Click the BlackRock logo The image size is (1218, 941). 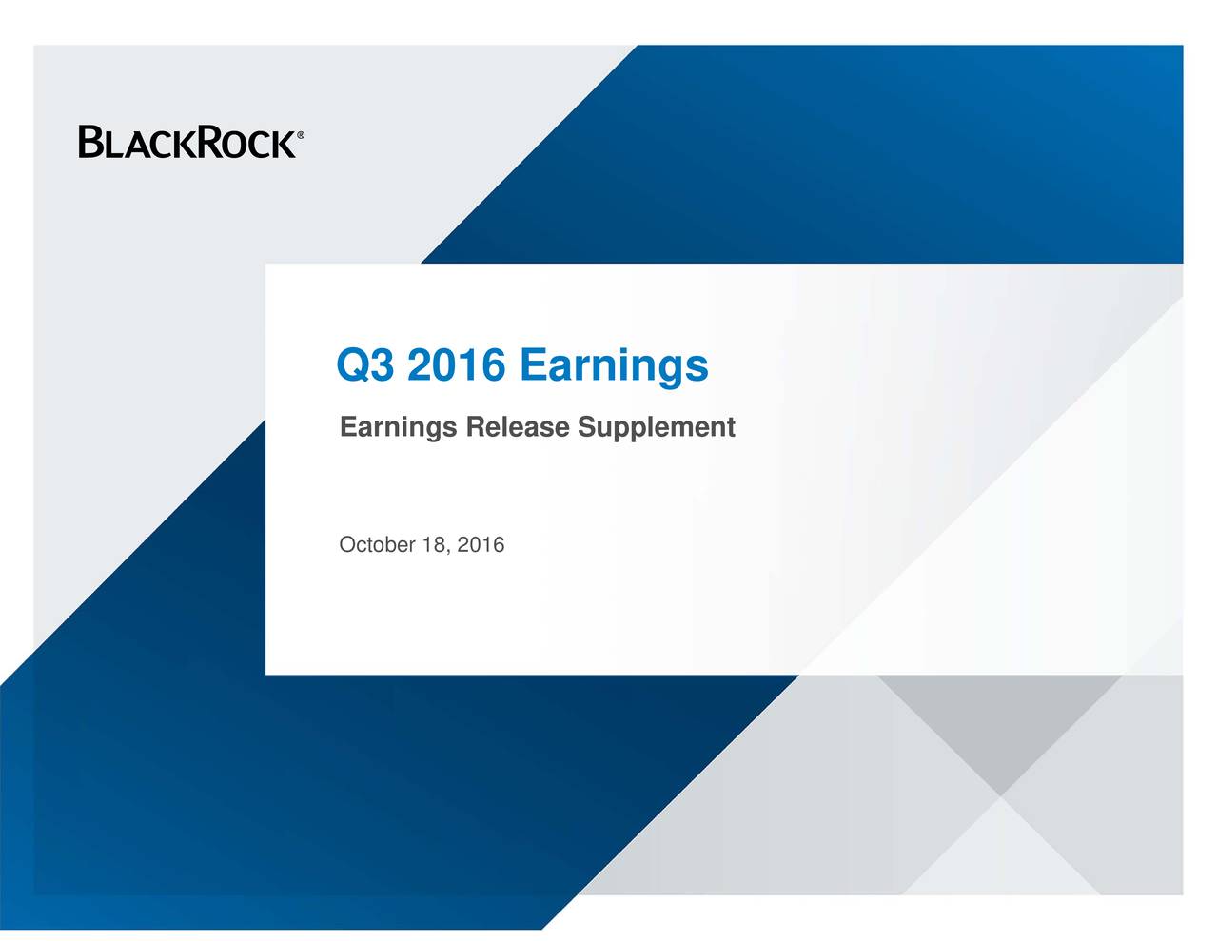[x=190, y=143]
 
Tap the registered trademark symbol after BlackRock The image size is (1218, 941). [x=301, y=136]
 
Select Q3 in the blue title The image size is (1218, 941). [x=365, y=365]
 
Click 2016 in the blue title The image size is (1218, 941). [x=456, y=365]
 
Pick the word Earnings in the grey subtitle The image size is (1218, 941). [x=398, y=428]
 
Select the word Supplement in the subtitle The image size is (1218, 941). [x=656, y=428]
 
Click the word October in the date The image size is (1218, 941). [x=377, y=544]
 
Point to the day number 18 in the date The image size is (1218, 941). [x=433, y=544]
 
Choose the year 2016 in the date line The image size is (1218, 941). [x=481, y=544]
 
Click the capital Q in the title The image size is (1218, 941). [x=353, y=365]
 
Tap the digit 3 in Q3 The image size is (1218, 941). [x=383, y=365]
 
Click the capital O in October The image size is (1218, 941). [x=346, y=544]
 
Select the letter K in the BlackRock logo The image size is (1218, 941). [x=181, y=145]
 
